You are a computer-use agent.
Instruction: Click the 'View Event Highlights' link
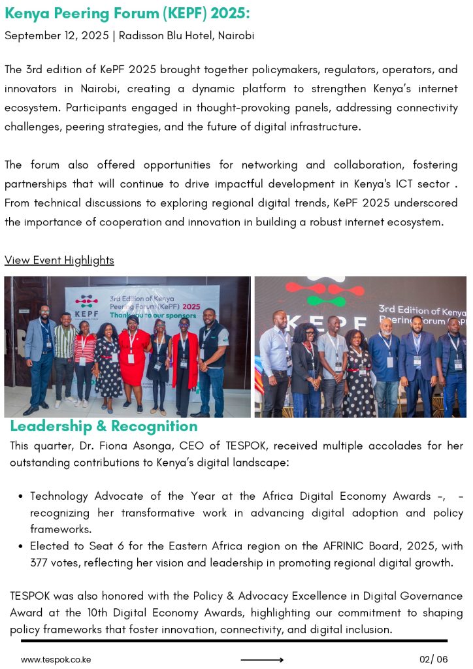(59, 260)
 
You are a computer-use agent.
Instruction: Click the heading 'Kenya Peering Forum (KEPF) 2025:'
(127, 14)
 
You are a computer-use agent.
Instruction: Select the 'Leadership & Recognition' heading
(104, 427)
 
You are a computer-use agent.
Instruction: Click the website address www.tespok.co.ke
(56, 659)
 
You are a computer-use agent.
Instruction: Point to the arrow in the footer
(262, 660)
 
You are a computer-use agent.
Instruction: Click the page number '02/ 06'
(434, 659)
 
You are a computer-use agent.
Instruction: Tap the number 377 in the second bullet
(41, 563)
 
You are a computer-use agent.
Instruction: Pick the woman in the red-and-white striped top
(84, 363)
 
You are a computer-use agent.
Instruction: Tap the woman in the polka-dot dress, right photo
(357, 376)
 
